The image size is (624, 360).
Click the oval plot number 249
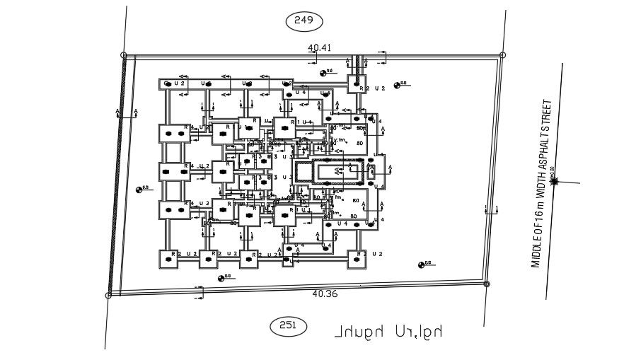pyautogui.click(x=304, y=21)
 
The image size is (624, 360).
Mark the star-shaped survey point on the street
pyautogui.click(x=554, y=181)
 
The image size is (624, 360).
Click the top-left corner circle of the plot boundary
pyautogui.click(x=124, y=54)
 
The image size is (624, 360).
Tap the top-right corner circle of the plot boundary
pyautogui.click(x=502, y=54)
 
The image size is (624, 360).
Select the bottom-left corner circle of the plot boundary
pyautogui.click(x=108, y=295)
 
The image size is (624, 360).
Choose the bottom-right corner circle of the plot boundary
pyautogui.click(x=486, y=284)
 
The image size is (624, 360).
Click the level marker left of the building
pyautogui.click(x=139, y=189)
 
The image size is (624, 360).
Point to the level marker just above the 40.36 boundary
pyautogui.click(x=221, y=277)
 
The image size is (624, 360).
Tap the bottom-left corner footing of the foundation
pyautogui.click(x=170, y=260)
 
